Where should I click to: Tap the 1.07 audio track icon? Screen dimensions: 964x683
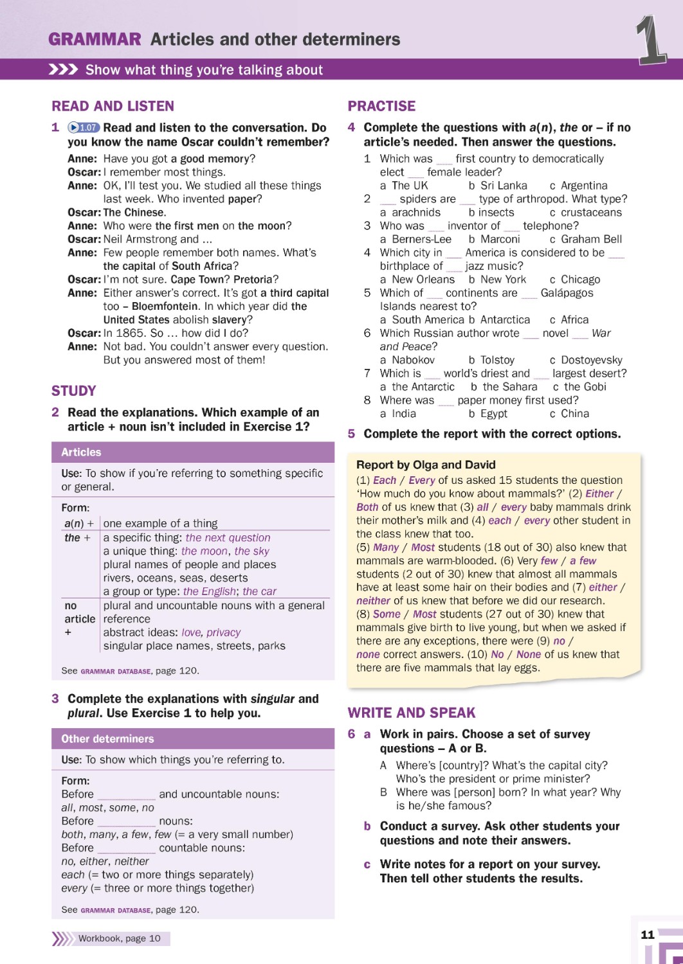pyautogui.click(x=84, y=128)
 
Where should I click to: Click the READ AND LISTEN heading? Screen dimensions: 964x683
pyautogui.click(x=113, y=106)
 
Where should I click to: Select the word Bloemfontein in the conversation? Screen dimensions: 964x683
pyautogui.click(x=164, y=307)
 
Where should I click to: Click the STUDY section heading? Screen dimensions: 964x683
pyautogui.click(x=74, y=391)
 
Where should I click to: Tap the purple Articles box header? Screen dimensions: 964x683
pyautogui.click(x=193, y=452)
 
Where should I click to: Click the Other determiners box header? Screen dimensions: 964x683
pyautogui.click(x=193, y=738)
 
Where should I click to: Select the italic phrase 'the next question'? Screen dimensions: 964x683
pyautogui.click(x=228, y=538)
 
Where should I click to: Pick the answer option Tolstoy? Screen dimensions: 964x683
pyautogui.click(x=497, y=360)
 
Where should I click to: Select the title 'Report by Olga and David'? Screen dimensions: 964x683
pyautogui.click(x=426, y=465)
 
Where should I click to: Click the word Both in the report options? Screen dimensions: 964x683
pyautogui.click(x=367, y=507)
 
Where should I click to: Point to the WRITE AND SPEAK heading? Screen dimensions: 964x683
pyautogui.click(x=412, y=713)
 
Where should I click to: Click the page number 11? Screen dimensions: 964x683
pyautogui.click(x=648, y=934)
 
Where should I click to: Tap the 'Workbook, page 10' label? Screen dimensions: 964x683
pyautogui.click(x=119, y=938)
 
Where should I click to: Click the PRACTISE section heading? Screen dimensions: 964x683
pyautogui.click(x=381, y=106)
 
